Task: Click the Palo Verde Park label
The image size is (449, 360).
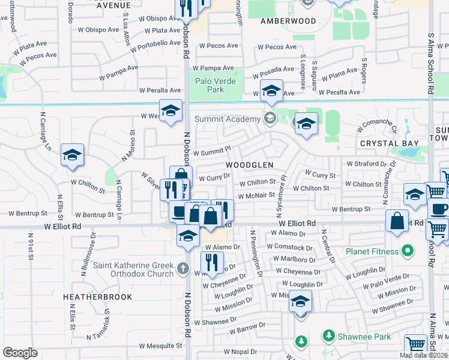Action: pyautogui.click(x=217, y=85)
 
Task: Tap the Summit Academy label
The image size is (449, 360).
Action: pyautogui.click(x=227, y=119)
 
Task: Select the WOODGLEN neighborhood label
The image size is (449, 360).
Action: pyautogui.click(x=250, y=164)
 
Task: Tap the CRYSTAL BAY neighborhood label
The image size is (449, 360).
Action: pyautogui.click(x=388, y=143)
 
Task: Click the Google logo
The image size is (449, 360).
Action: pyautogui.click(x=20, y=353)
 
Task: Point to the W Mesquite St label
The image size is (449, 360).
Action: pyautogui.click(x=160, y=346)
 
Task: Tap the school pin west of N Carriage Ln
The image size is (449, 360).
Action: pyautogui.click(x=72, y=155)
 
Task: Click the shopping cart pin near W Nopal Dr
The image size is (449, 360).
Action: pyautogui.click(x=415, y=344)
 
